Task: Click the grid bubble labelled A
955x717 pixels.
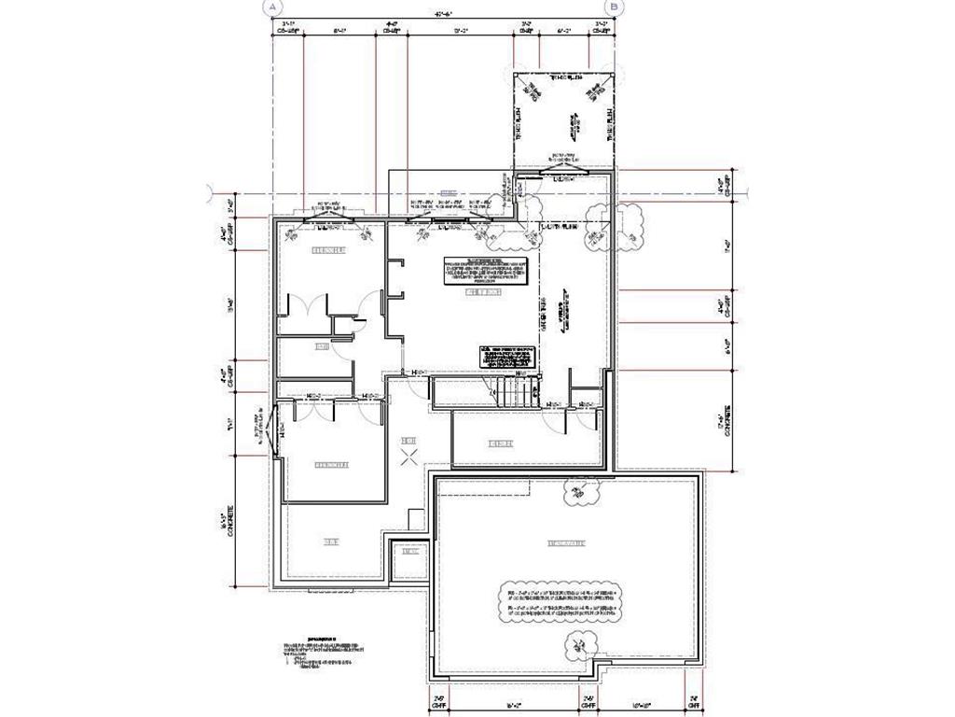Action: click(x=273, y=7)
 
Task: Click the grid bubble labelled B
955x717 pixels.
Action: click(x=619, y=7)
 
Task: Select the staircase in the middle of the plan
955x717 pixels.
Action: click(x=514, y=390)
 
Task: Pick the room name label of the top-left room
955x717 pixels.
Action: click(x=328, y=250)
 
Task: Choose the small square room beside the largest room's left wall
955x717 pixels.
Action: click(x=408, y=552)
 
